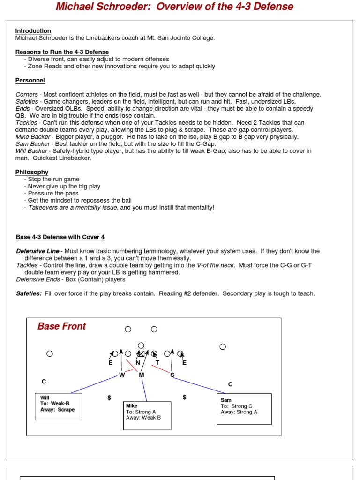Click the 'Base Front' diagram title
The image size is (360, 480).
[x=61, y=326]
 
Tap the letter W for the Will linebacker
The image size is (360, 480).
[x=121, y=375]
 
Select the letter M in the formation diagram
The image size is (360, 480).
[x=142, y=375]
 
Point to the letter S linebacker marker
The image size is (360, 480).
[x=172, y=375]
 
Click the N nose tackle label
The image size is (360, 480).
[x=138, y=362]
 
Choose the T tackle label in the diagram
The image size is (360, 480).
[x=157, y=362]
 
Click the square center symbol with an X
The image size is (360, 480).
[x=141, y=353]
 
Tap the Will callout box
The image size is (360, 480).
[x=59, y=406]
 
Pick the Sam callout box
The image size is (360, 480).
[x=244, y=409]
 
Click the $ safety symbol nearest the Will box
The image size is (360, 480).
[x=109, y=397]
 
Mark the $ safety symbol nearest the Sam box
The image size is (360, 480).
[x=185, y=397]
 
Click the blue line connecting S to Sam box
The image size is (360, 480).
[x=202, y=385]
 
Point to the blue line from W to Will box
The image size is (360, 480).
[x=94, y=384]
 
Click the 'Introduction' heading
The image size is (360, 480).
[x=33, y=31]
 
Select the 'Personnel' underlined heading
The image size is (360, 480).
[x=30, y=80]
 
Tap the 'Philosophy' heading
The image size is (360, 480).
[x=32, y=172]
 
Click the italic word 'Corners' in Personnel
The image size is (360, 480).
[x=27, y=94]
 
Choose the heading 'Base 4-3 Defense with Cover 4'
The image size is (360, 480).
[x=60, y=237]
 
